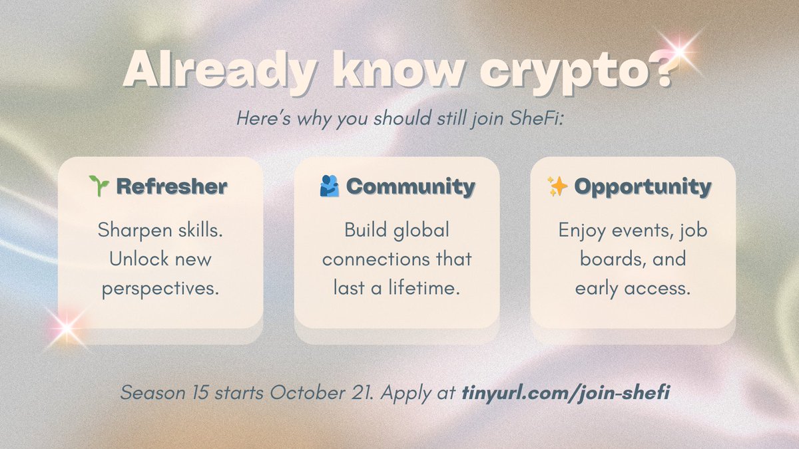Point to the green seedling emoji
(x=99, y=186)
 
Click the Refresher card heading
(x=172, y=187)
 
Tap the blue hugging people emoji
(x=329, y=186)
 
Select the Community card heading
(x=411, y=187)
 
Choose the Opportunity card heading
(x=643, y=187)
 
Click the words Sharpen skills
(x=160, y=230)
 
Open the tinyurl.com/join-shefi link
(x=565, y=392)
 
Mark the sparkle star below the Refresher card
(x=65, y=327)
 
